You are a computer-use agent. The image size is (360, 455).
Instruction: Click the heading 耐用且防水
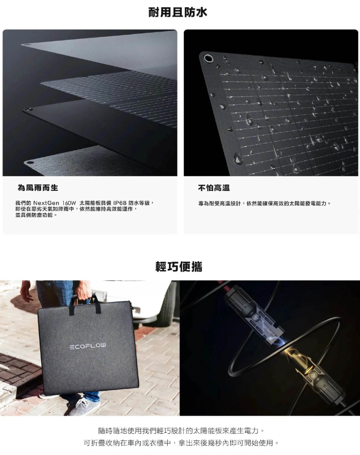[178, 13]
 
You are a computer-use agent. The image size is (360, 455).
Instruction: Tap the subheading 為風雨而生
[38, 188]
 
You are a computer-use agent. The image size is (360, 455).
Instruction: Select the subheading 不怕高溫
[214, 188]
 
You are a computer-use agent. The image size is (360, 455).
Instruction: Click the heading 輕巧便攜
[179, 267]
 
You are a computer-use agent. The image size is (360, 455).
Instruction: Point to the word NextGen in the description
[46, 203]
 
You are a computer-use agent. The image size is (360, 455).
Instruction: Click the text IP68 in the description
[120, 203]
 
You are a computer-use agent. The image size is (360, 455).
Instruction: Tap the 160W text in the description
[69, 203]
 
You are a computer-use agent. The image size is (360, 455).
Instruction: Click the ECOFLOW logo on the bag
[88, 346]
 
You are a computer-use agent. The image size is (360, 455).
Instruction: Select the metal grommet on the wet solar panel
[208, 58]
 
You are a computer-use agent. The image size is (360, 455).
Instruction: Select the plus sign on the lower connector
[318, 379]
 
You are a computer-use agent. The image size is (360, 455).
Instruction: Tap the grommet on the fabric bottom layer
[30, 163]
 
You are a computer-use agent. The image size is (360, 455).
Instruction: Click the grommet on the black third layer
[28, 109]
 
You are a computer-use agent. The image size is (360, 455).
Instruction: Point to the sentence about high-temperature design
[264, 204]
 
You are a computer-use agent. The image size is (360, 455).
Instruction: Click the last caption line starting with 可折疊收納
[181, 443]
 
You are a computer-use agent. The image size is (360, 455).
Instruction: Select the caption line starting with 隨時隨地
[181, 430]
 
